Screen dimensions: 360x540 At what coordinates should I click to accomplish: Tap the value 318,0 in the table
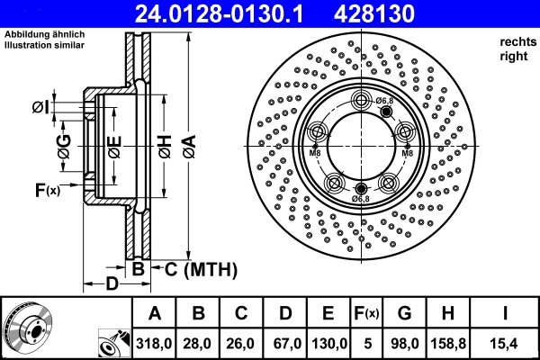pos(154,342)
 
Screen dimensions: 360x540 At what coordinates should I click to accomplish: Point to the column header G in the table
pos(404,313)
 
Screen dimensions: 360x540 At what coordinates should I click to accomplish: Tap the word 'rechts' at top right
pos(515,42)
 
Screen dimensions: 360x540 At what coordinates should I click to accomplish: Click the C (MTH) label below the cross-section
pos(194,268)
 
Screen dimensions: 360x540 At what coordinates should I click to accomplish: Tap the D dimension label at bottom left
pos(110,284)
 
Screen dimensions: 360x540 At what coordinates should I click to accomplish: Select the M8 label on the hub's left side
pos(315,153)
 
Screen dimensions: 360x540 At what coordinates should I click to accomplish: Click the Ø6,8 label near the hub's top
pos(383,100)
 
